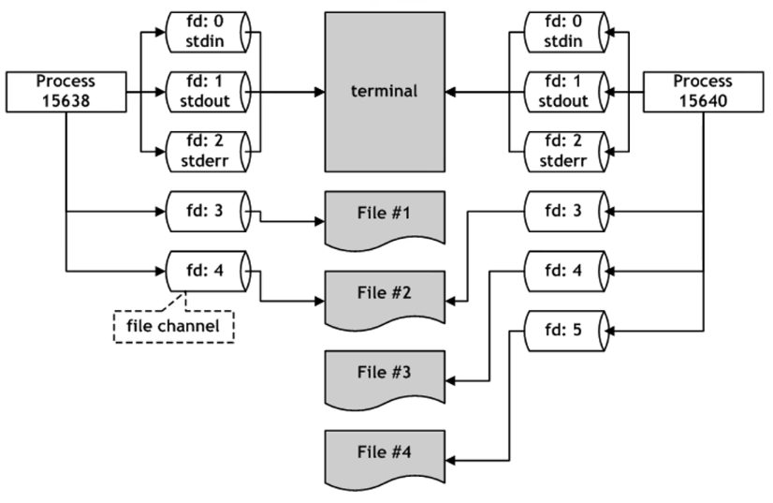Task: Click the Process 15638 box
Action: click(66, 92)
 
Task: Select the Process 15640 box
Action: click(703, 92)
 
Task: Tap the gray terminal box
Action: click(385, 92)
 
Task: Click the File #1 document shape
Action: click(385, 217)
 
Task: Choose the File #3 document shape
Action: click(385, 377)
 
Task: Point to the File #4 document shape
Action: click(385, 457)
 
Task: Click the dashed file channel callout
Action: click(173, 326)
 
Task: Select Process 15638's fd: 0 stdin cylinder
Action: click(208, 32)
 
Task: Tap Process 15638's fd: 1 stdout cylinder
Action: click(208, 92)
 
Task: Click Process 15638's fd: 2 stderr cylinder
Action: click(208, 152)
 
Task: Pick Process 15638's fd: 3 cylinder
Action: click(208, 212)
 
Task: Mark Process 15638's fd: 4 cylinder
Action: click(208, 271)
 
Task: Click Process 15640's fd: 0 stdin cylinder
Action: click(566, 32)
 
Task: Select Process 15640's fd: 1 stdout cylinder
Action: click(566, 92)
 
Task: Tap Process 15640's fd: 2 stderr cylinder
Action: click(566, 152)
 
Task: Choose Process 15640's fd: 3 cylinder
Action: click(566, 212)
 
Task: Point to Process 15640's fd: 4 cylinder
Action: click(566, 271)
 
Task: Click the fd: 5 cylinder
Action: click(566, 331)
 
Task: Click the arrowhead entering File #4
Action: click(450, 461)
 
